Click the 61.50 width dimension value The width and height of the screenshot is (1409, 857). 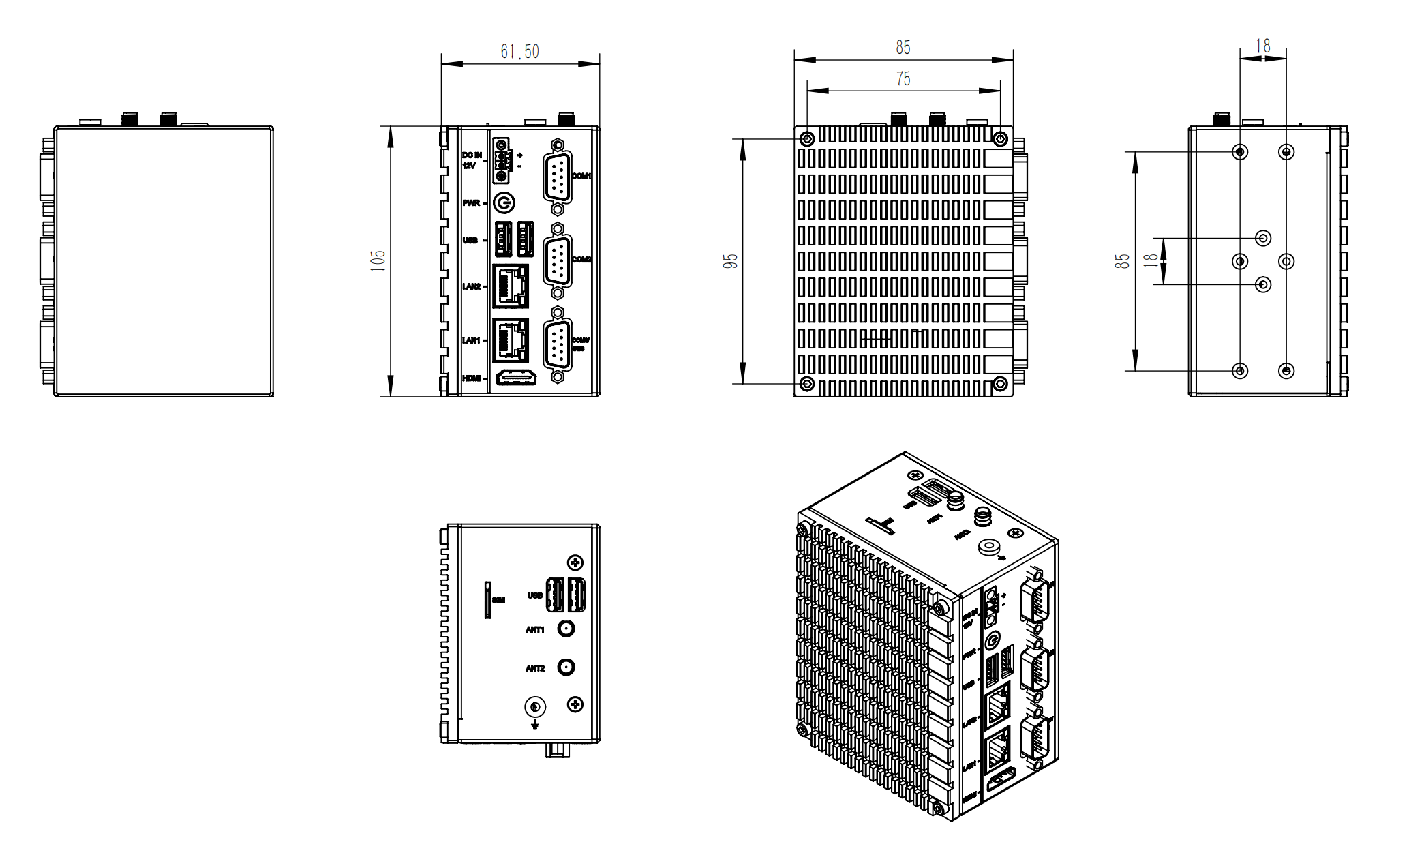pos(519,52)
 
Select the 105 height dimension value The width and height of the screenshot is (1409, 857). pos(378,260)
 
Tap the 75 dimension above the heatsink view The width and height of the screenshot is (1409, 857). pos(903,79)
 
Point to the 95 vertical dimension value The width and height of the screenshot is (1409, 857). pos(730,261)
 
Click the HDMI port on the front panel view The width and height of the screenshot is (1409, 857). pos(515,377)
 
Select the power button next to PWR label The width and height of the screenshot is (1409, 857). pos(504,203)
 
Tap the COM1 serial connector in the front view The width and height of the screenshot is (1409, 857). pos(558,177)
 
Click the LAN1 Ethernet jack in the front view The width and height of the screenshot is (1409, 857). pos(511,340)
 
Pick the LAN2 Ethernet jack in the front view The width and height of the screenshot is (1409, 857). pos(511,286)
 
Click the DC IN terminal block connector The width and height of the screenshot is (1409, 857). pos(502,161)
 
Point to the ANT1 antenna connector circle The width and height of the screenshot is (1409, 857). pos(566,629)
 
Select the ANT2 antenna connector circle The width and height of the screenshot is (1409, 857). pos(566,667)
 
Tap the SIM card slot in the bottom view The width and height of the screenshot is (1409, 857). pos(488,600)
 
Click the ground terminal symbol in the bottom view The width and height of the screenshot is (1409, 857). pos(535,708)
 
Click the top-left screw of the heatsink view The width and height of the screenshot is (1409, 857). pos(807,139)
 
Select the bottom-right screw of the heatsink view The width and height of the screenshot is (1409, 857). pos(1000,384)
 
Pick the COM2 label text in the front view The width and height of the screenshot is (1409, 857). pos(581,260)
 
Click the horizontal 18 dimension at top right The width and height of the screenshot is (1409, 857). pos(1263,46)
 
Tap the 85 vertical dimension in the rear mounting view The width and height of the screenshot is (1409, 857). pos(1122,261)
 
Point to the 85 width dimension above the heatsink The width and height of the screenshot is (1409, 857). pos(903,48)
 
